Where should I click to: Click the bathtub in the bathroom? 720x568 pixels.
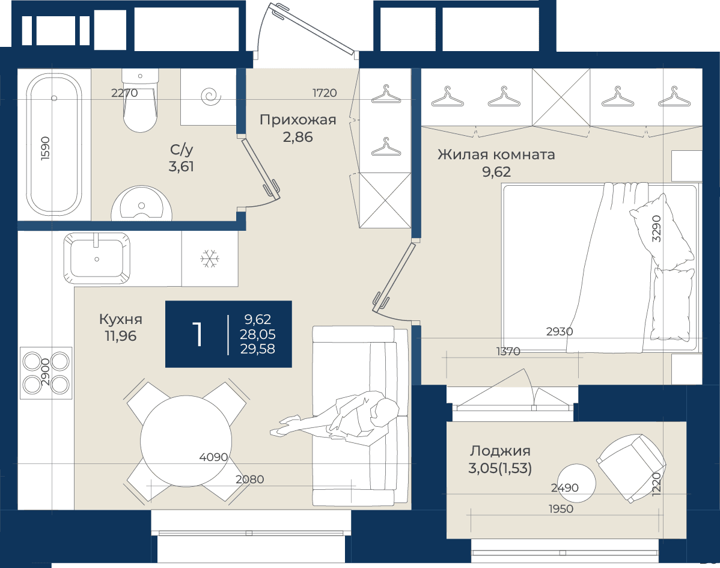point(54,144)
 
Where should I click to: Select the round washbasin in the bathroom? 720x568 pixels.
point(141,204)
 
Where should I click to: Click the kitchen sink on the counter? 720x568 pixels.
point(97,258)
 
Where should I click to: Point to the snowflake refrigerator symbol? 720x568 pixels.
point(210,259)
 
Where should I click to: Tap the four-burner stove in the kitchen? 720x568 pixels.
point(46,373)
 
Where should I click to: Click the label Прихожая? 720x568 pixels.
point(298,120)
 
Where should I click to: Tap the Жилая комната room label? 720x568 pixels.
point(496,154)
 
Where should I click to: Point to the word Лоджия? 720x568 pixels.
point(500,451)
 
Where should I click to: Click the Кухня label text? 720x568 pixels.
point(121,319)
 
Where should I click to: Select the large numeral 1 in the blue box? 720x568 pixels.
point(198,334)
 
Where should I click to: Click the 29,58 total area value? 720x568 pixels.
point(258,349)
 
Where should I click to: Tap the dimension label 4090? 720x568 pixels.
point(213,457)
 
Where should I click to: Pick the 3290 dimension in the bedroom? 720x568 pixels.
point(657,228)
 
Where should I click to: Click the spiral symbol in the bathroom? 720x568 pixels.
point(212,96)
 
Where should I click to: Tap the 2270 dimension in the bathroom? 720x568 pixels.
point(124,93)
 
